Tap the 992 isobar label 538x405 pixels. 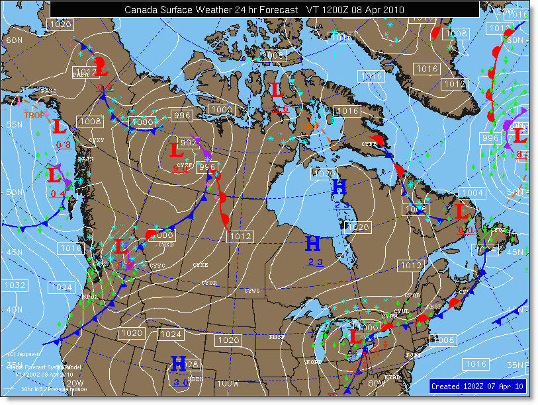[189, 142]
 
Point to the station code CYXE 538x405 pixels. [200, 265]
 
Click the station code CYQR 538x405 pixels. [209, 283]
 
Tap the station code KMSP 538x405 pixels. [276, 337]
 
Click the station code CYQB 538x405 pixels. [412, 295]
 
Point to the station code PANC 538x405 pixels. [48, 91]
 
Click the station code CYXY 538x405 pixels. [97, 140]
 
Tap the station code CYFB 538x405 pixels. [369, 143]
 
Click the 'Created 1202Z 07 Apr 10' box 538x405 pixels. [477, 386]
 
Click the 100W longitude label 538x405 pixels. [227, 383]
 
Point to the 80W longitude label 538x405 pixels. [377, 383]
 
